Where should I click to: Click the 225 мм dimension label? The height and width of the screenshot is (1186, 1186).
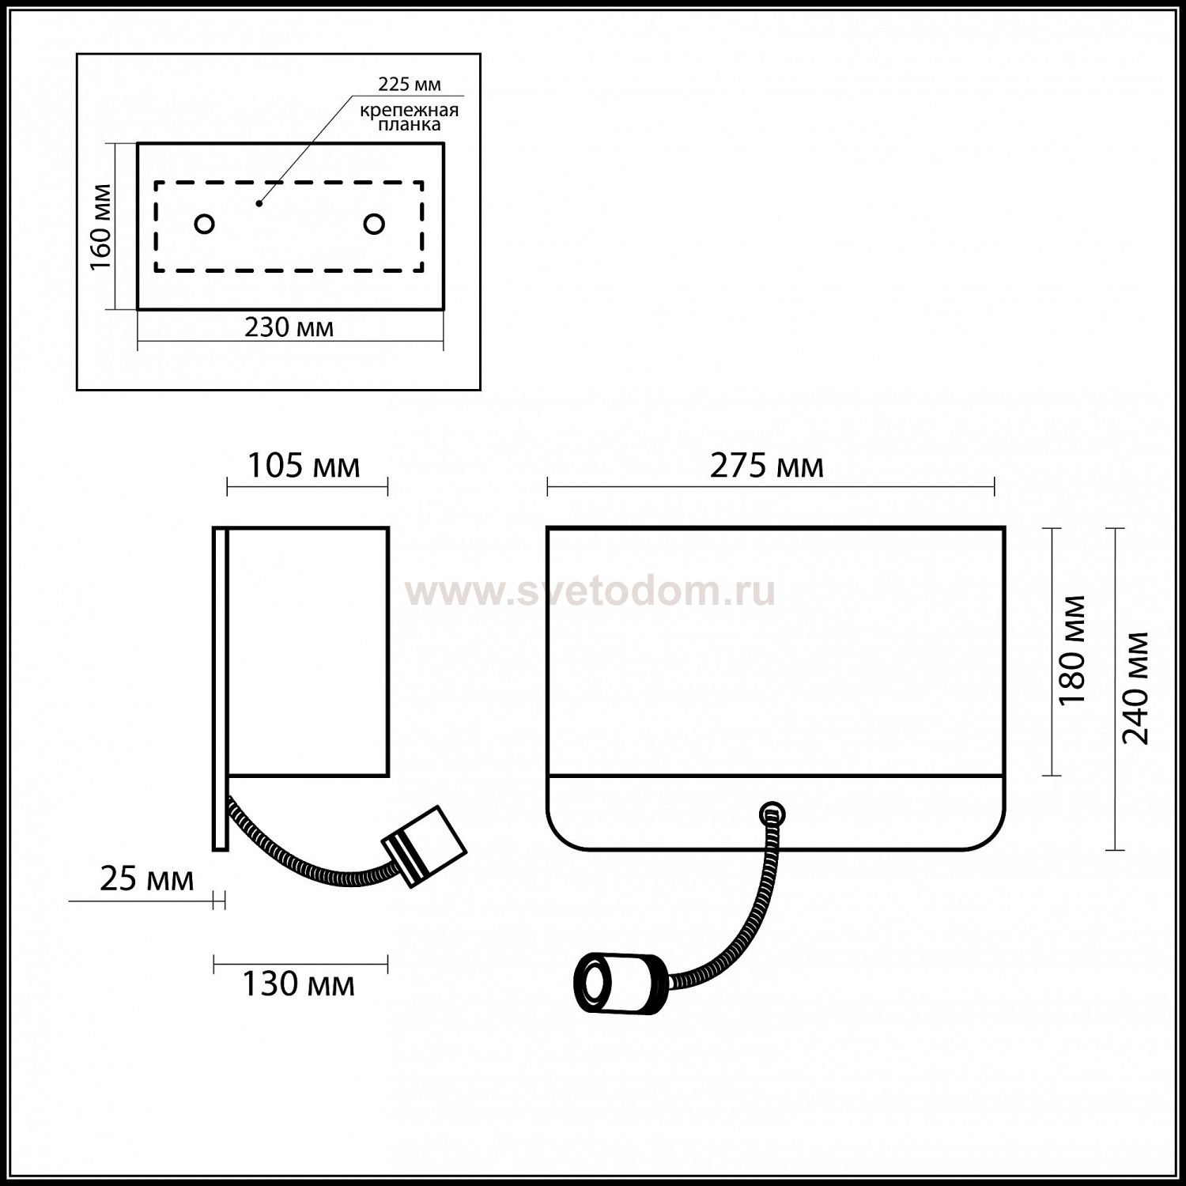click(410, 84)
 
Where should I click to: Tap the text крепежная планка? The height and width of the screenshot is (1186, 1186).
click(409, 118)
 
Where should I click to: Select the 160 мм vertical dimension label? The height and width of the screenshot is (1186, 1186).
click(102, 227)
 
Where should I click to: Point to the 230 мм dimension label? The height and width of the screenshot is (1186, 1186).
click(289, 327)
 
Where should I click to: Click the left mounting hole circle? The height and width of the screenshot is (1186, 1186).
click(204, 225)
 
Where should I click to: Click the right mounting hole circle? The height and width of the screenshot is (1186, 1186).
click(374, 225)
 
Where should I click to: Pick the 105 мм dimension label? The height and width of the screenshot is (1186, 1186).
click(304, 466)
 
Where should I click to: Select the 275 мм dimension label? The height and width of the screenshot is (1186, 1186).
click(767, 466)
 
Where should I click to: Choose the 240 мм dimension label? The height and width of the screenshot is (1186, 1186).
click(1136, 688)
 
